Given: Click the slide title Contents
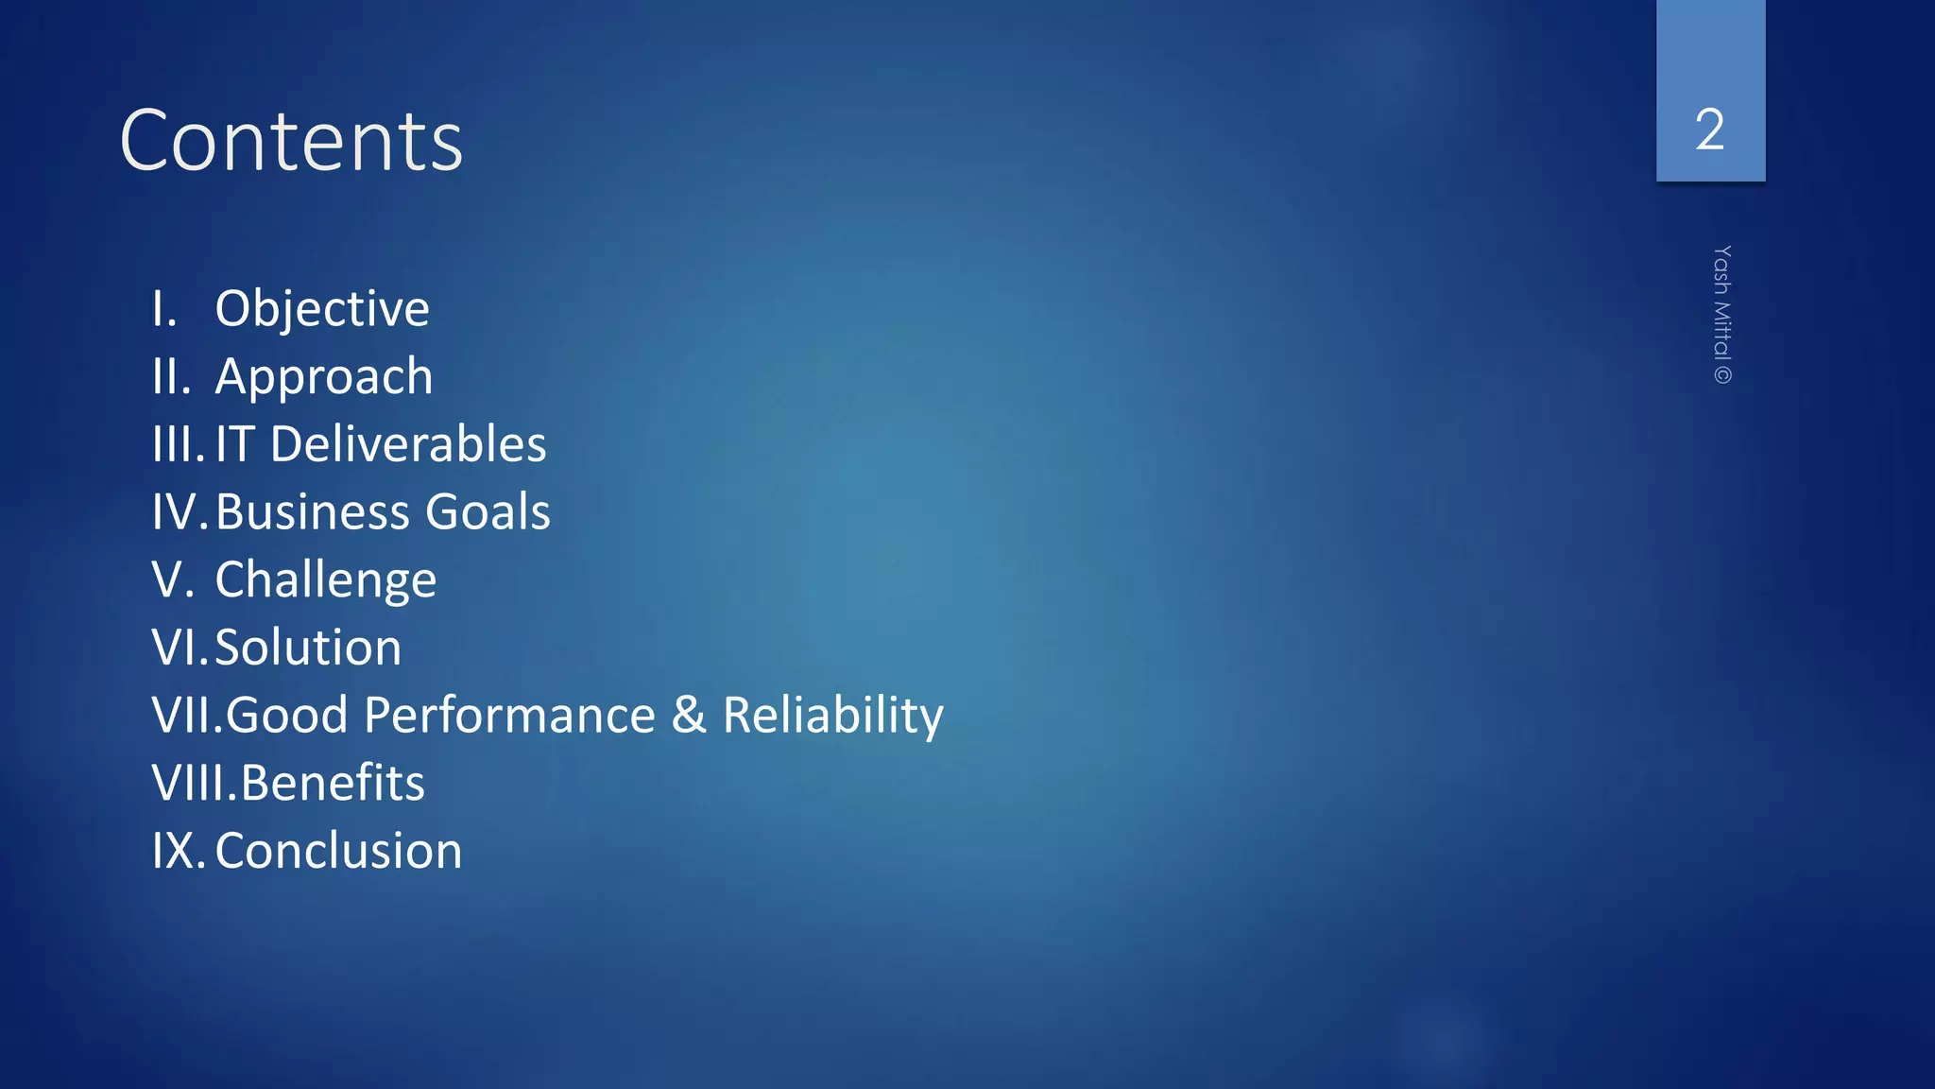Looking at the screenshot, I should point(291,141).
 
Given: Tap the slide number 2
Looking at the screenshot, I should point(1709,130).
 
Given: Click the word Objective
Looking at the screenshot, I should point(322,309).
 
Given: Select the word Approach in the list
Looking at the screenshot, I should point(324,377).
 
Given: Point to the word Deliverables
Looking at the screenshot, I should point(408,444).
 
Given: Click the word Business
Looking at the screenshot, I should point(312,512).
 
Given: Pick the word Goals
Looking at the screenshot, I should point(488,512).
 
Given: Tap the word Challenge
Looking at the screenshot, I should point(326,580).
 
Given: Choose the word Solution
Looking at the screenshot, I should point(308,648).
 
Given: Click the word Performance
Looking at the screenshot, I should point(509,716).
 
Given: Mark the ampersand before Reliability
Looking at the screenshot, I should point(689,716).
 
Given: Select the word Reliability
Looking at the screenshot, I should point(832,716).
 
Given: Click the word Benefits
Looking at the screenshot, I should point(333,784).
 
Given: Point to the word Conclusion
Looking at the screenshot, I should point(338,851).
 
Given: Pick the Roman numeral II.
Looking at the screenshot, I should point(169,377).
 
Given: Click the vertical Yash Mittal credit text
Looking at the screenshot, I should point(1722,315).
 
